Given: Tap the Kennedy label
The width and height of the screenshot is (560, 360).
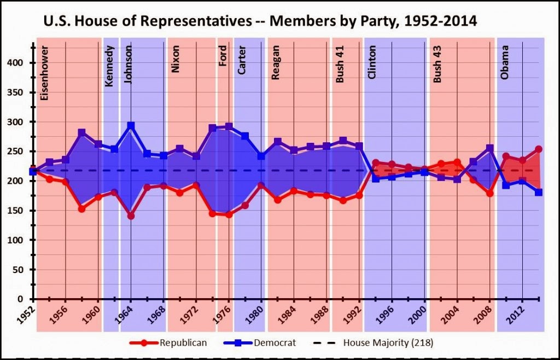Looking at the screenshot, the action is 109,66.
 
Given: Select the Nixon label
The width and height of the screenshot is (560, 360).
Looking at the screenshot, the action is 176,59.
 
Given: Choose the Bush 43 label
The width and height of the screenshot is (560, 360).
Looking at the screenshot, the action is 437,64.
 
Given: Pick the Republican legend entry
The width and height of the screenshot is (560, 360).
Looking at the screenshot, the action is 168,343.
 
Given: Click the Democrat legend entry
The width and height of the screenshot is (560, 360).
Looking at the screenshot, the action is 260,343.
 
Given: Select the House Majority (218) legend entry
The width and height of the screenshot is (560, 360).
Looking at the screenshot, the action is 373,343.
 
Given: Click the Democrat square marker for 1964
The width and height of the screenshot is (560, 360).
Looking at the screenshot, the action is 131,126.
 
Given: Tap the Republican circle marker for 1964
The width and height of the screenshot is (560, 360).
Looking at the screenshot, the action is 131,216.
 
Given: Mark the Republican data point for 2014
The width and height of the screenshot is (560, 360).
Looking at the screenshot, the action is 539,149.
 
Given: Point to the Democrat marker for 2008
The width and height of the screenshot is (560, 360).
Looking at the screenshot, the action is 489,148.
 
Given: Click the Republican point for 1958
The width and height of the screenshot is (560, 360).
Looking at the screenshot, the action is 82,209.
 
